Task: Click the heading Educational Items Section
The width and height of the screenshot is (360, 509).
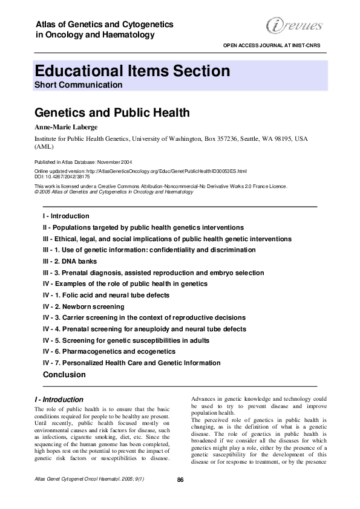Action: click(132, 71)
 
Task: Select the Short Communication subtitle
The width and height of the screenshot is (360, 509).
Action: click(78, 85)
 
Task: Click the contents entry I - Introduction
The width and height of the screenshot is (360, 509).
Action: click(66, 216)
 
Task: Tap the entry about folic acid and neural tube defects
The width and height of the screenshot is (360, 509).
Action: click(106, 296)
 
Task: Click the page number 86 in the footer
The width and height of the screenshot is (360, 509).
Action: click(180, 480)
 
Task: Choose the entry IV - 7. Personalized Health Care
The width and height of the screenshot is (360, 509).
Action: click(131, 363)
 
